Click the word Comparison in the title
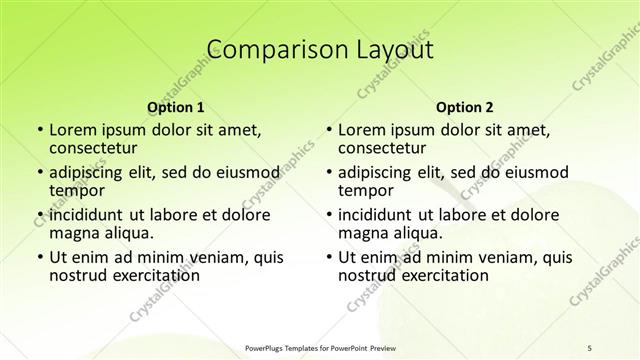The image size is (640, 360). point(265,49)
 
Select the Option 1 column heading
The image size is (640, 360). point(175,106)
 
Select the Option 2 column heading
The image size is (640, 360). point(465,106)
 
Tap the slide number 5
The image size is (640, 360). point(589,346)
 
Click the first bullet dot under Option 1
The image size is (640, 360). point(39,131)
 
